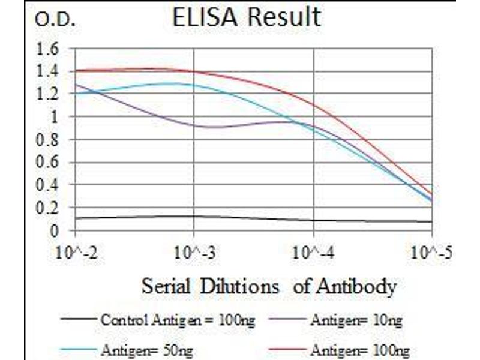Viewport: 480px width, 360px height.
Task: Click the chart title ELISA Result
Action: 246,18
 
